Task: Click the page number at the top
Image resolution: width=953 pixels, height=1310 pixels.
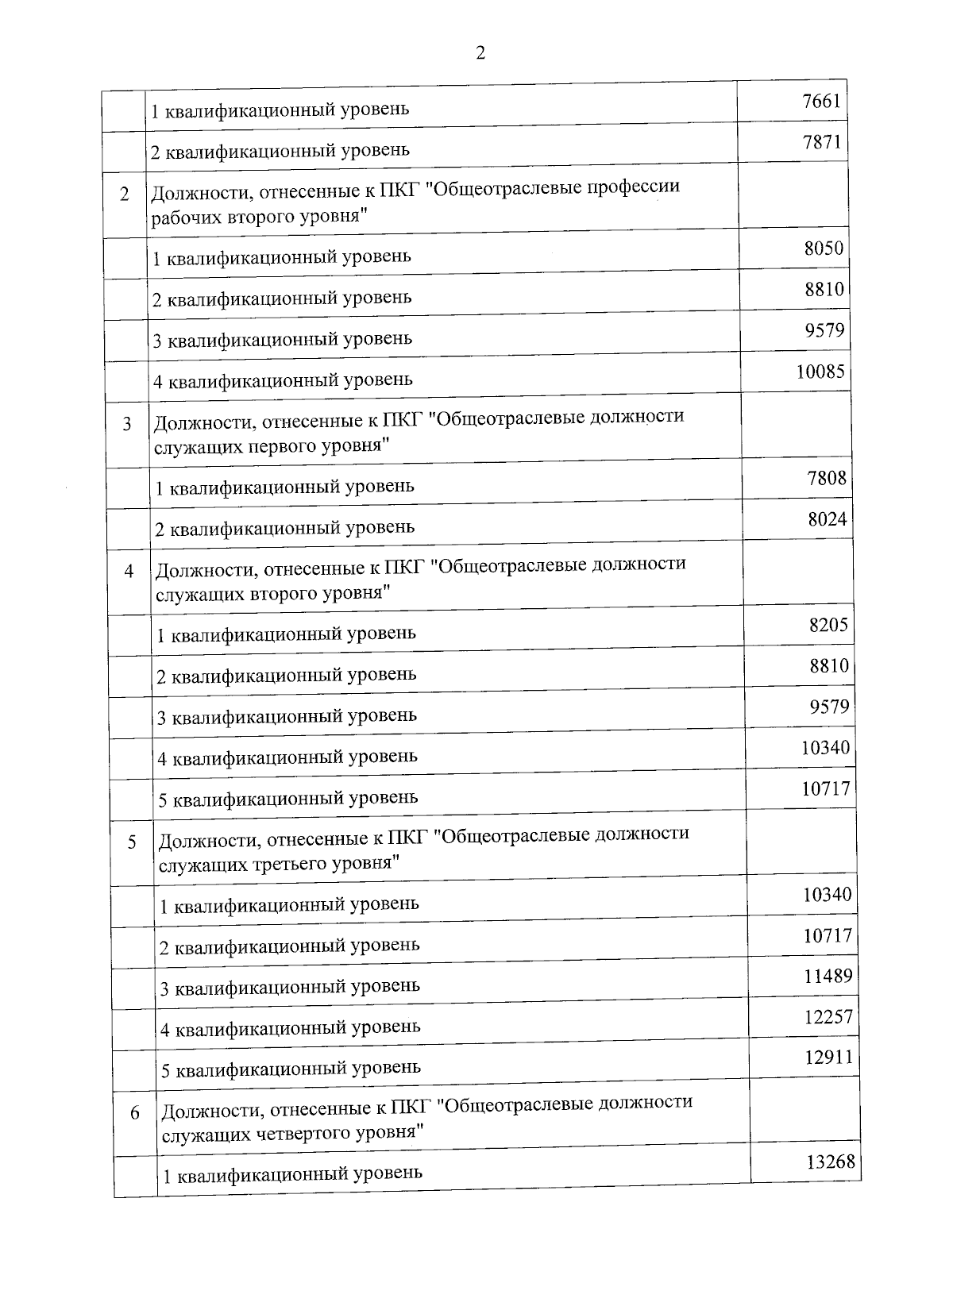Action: tap(480, 53)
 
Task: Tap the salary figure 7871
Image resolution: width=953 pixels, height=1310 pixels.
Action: tap(821, 142)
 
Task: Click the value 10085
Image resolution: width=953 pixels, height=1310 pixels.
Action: tap(820, 371)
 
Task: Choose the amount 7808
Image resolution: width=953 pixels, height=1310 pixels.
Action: tap(827, 478)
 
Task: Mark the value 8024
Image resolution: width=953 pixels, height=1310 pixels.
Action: tap(828, 519)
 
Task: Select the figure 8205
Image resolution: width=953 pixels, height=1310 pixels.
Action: tap(828, 625)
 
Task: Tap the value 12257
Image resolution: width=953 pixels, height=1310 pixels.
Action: tap(828, 1017)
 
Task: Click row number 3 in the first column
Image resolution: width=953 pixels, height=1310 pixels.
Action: tap(127, 424)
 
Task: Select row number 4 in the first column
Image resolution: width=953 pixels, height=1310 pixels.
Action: tap(129, 572)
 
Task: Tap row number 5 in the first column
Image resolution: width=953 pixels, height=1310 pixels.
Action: tap(132, 842)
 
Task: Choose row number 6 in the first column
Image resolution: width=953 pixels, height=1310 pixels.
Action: tap(135, 1113)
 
